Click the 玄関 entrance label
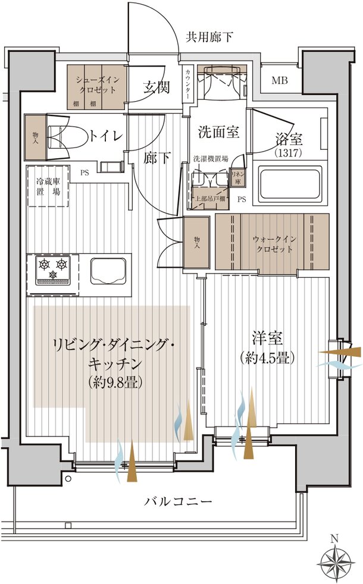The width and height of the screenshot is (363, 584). [157, 87]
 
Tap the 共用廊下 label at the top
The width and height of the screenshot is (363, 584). [209, 37]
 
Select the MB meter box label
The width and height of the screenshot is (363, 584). [279, 81]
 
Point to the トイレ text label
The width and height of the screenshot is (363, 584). [106, 136]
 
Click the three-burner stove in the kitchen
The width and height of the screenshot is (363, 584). [54, 268]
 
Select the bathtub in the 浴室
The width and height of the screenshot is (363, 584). [290, 184]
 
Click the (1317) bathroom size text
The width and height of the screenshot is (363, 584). [289, 153]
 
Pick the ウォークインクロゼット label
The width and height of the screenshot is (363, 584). [273, 244]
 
